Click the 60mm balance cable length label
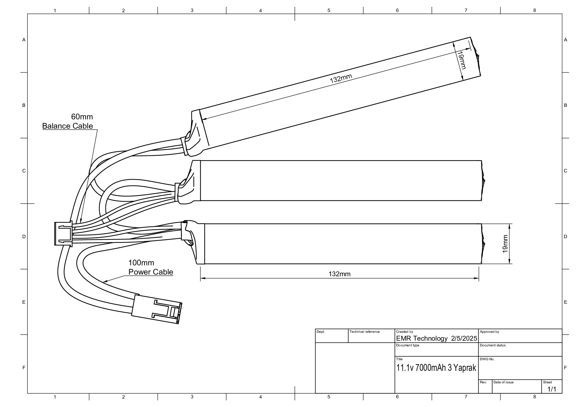point(82,117)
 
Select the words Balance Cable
point(67,126)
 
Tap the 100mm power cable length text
point(141,263)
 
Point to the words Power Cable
point(151,272)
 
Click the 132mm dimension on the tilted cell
point(341,79)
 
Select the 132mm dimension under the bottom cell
point(339,274)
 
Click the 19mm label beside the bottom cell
point(505,244)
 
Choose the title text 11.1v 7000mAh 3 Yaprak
point(436,368)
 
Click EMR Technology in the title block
point(421,338)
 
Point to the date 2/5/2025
point(464,338)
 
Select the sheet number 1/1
point(552,389)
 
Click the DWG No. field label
point(487,359)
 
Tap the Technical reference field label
point(364,332)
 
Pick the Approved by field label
point(489,332)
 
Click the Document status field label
point(492,345)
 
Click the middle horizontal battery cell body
point(340,181)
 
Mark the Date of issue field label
point(503,382)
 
